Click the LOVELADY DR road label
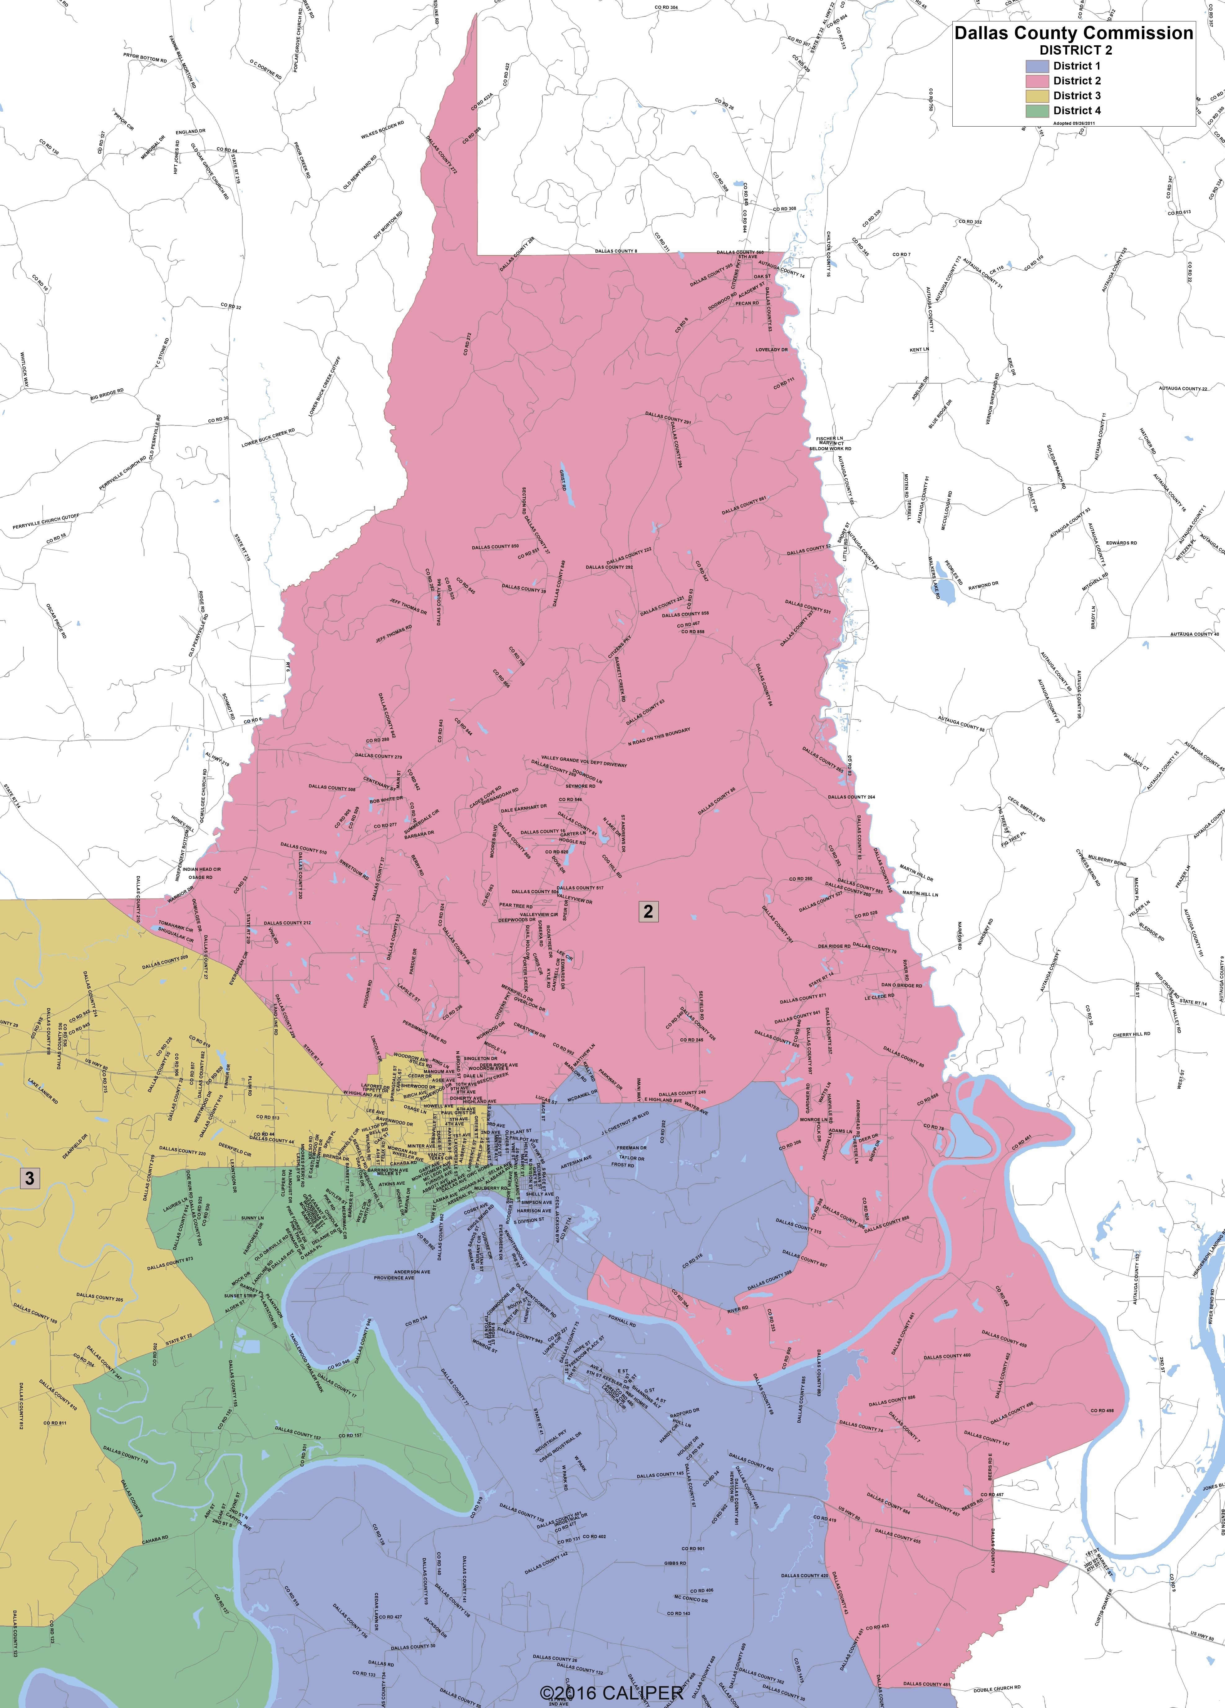coord(772,349)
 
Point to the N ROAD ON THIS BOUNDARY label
coord(659,736)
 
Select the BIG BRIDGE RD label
coord(107,395)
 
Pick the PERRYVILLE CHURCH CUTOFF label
coord(45,521)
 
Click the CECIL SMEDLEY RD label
coord(1026,808)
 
